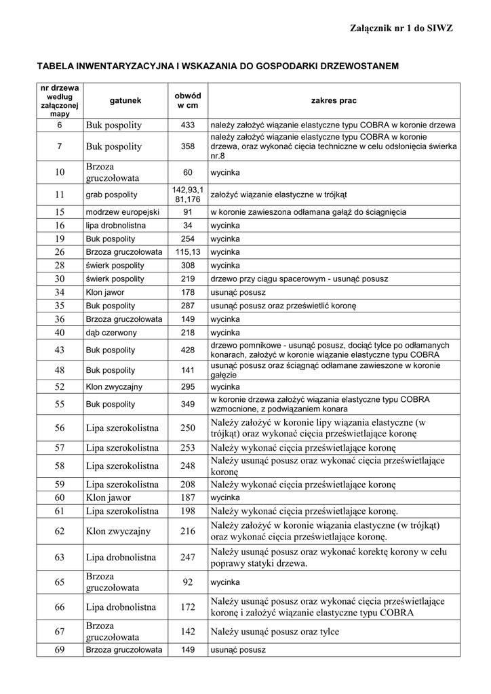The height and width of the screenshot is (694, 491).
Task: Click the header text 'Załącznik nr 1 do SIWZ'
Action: pyautogui.click(x=401, y=27)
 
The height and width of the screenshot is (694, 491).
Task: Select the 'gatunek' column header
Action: pyautogui.click(x=125, y=101)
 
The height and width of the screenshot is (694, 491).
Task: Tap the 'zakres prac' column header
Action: pyautogui.click(x=334, y=101)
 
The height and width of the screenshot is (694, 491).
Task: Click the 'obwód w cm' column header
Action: pyautogui.click(x=188, y=101)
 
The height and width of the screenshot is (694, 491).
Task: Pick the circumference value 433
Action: pyautogui.click(x=188, y=125)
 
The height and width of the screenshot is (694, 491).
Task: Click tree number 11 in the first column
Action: pyautogui.click(x=60, y=195)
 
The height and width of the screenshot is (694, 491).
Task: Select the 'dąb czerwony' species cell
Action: pyautogui.click(x=111, y=333)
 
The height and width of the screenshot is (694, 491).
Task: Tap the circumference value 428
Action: pyautogui.click(x=188, y=350)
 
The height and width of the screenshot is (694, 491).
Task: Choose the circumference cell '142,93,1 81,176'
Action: pyautogui.click(x=188, y=195)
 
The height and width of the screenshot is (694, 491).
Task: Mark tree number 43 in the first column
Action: pyautogui.click(x=60, y=350)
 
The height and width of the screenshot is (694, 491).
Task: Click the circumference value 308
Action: pyautogui.click(x=188, y=265)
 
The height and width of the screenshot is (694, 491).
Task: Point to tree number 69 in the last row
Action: pyautogui.click(x=60, y=650)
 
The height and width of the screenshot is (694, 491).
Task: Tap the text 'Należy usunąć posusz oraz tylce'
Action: pyautogui.click(x=275, y=632)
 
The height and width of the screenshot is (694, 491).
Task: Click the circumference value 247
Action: pyautogui.click(x=188, y=558)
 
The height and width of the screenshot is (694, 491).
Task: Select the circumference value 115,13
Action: pyautogui.click(x=188, y=251)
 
